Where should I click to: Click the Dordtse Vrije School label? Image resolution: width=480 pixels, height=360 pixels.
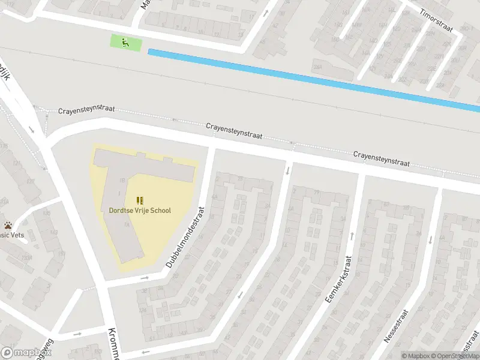[x=140, y=211]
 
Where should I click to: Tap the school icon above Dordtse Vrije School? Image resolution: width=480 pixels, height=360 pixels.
[x=140, y=200]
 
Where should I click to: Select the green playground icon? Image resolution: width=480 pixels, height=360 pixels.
[x=125, y=43]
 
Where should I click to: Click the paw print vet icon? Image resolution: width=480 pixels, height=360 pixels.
[x=8, y=226]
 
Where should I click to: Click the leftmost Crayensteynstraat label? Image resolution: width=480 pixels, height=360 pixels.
[x=86, y=112]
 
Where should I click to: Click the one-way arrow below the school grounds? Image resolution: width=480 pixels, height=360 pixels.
[x=145, y=278]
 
